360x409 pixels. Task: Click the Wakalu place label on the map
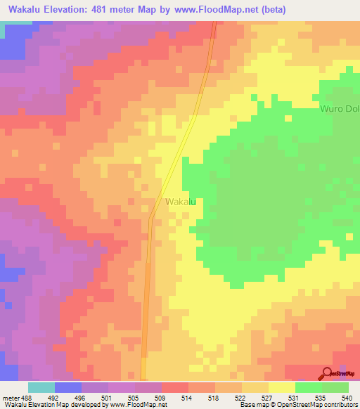180,202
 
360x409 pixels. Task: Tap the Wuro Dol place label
340,110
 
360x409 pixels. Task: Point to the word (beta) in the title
270,10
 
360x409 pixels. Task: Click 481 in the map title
109,10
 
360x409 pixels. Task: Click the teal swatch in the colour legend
41,387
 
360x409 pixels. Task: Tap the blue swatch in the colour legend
68,387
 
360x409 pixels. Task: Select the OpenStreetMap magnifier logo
327,373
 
